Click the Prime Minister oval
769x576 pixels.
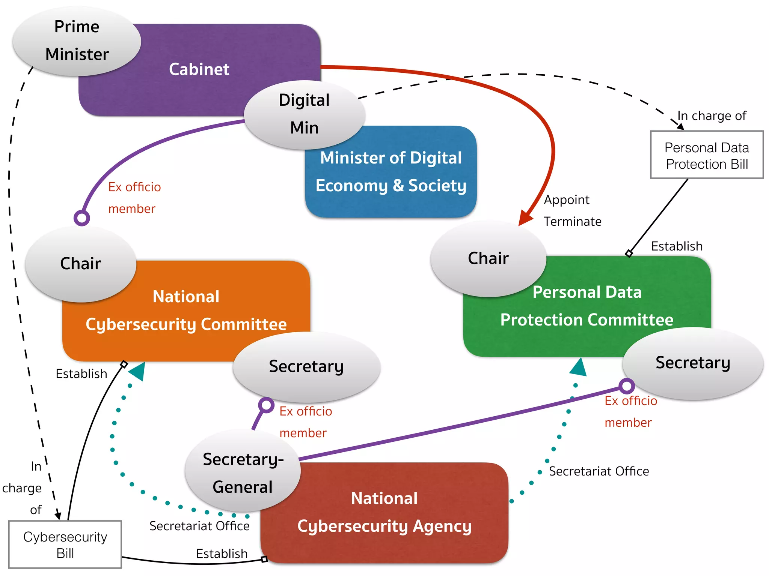coord(77,40)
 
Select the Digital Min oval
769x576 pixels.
coord(304,114)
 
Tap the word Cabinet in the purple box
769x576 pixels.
coord(199,69)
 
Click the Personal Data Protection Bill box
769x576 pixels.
coord(707,155)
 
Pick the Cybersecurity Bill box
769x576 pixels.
coord(65,544)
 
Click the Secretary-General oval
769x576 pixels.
coord(243,472)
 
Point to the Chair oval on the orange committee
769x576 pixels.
coord(80,264)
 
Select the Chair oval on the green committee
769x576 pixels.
coord(488,258)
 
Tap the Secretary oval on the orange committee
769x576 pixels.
coord(306,366)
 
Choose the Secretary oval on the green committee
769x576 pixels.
coord(693,363)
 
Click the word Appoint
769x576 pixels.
coord(567,200)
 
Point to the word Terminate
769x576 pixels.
coord(572,222)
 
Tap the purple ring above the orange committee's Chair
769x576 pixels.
coord(82,218)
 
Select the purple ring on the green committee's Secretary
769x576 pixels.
coord(626,385)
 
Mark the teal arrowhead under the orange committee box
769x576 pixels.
coord(137,371)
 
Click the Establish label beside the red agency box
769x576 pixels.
coord(222,554)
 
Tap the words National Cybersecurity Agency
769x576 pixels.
coord(384,512)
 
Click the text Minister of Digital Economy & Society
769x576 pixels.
coord(391,172)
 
